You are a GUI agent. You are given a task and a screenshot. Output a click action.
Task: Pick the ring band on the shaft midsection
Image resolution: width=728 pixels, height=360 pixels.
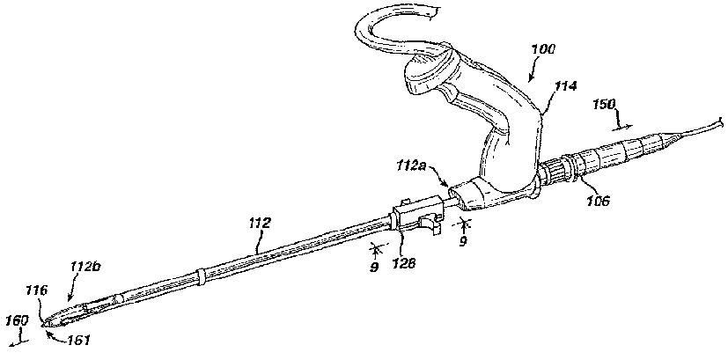(x=202, y=276)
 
